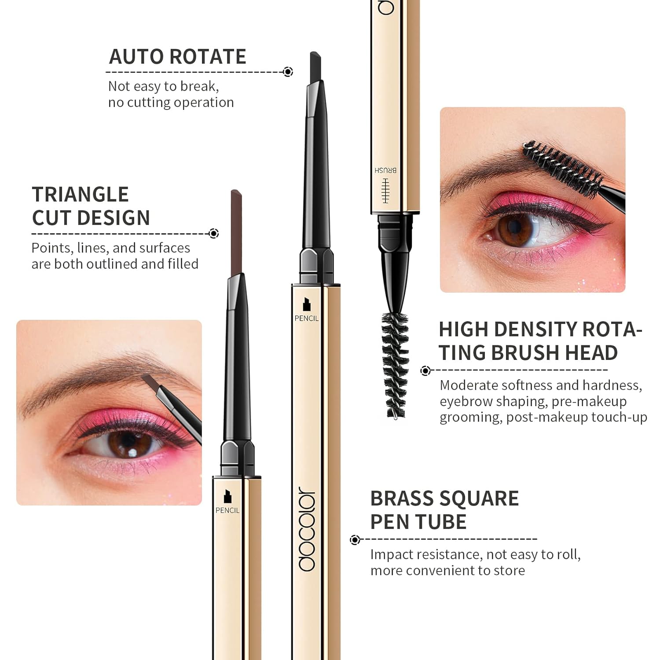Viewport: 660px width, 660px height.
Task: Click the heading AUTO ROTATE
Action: click(x=177, y=57)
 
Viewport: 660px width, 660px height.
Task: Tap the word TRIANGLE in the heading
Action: click(x=80, y=194)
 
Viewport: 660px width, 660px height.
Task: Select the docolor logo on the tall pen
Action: click(x=307, y=529)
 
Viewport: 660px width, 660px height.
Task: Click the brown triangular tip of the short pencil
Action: click(x=236, y=233)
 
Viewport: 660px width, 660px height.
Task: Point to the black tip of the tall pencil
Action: click(x=315, y=67)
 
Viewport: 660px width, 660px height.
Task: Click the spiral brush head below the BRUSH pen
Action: click(x=395, y=365)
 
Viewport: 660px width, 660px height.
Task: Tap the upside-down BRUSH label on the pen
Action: click(x=385, y=170)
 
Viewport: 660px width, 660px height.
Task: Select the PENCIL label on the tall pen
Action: click(x=307, y=318)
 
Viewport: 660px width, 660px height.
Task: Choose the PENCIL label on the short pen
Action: click(x=227, y=510)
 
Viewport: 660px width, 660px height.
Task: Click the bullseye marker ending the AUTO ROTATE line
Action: click(x=288, y=72)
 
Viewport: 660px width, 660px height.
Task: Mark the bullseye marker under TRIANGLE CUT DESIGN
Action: click(x=214, y=233)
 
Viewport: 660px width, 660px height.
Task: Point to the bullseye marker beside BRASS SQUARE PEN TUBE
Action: click(x=355, y=539)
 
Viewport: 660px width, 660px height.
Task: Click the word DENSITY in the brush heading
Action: click(x=539, y=329)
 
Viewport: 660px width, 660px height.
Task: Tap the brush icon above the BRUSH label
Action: click(x=386, y=191)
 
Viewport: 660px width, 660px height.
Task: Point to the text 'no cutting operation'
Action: click(x=171, y=103)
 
